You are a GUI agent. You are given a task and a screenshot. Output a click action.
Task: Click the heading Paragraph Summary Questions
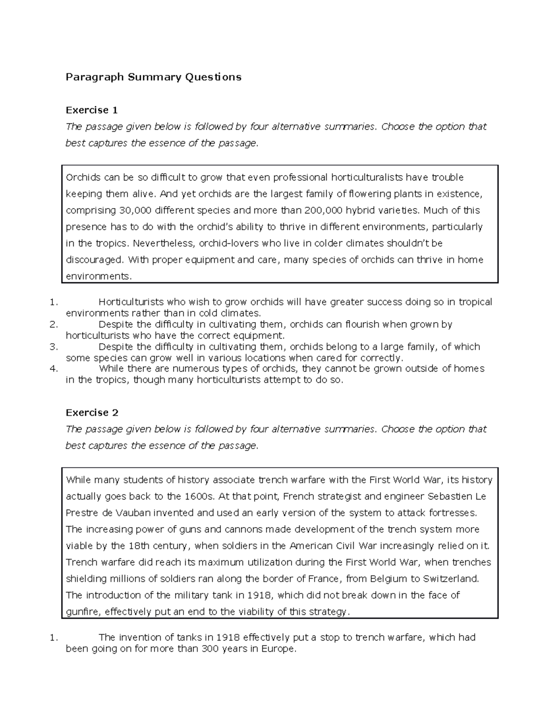[154, 77]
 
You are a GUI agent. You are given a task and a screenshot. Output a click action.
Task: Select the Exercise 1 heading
[91, 110]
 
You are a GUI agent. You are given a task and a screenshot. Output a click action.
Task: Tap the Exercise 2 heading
[92, 413]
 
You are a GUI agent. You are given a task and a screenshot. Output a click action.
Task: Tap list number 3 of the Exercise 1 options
[53, 347]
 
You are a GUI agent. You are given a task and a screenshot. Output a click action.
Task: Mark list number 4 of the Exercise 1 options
[53, 369]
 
